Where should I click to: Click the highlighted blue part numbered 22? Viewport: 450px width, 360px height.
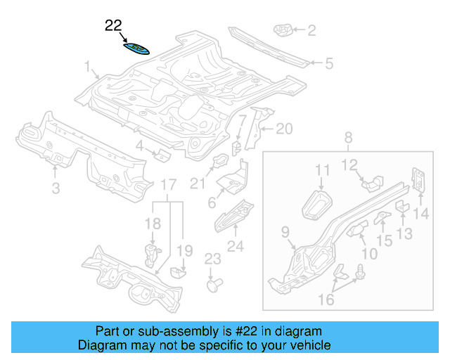pos(136,49)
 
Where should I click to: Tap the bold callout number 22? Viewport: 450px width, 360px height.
pos(113,26)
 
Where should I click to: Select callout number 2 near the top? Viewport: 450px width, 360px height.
pos(311,30)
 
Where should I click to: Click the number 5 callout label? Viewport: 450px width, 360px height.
pos(328,64)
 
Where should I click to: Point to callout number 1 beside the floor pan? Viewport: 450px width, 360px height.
pos(89,67)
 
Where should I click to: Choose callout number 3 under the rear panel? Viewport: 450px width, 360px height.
pos(56,187)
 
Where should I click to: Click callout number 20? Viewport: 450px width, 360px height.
pos(283,129)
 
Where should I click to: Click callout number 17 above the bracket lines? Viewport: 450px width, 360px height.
pos(168,185)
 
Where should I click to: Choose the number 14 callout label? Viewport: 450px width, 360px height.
pos(421,214)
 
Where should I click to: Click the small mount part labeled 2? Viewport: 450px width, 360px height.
pos(283,30)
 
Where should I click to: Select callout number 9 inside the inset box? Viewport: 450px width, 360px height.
pos(285,232)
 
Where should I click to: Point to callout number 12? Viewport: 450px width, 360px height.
pos(349,165)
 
